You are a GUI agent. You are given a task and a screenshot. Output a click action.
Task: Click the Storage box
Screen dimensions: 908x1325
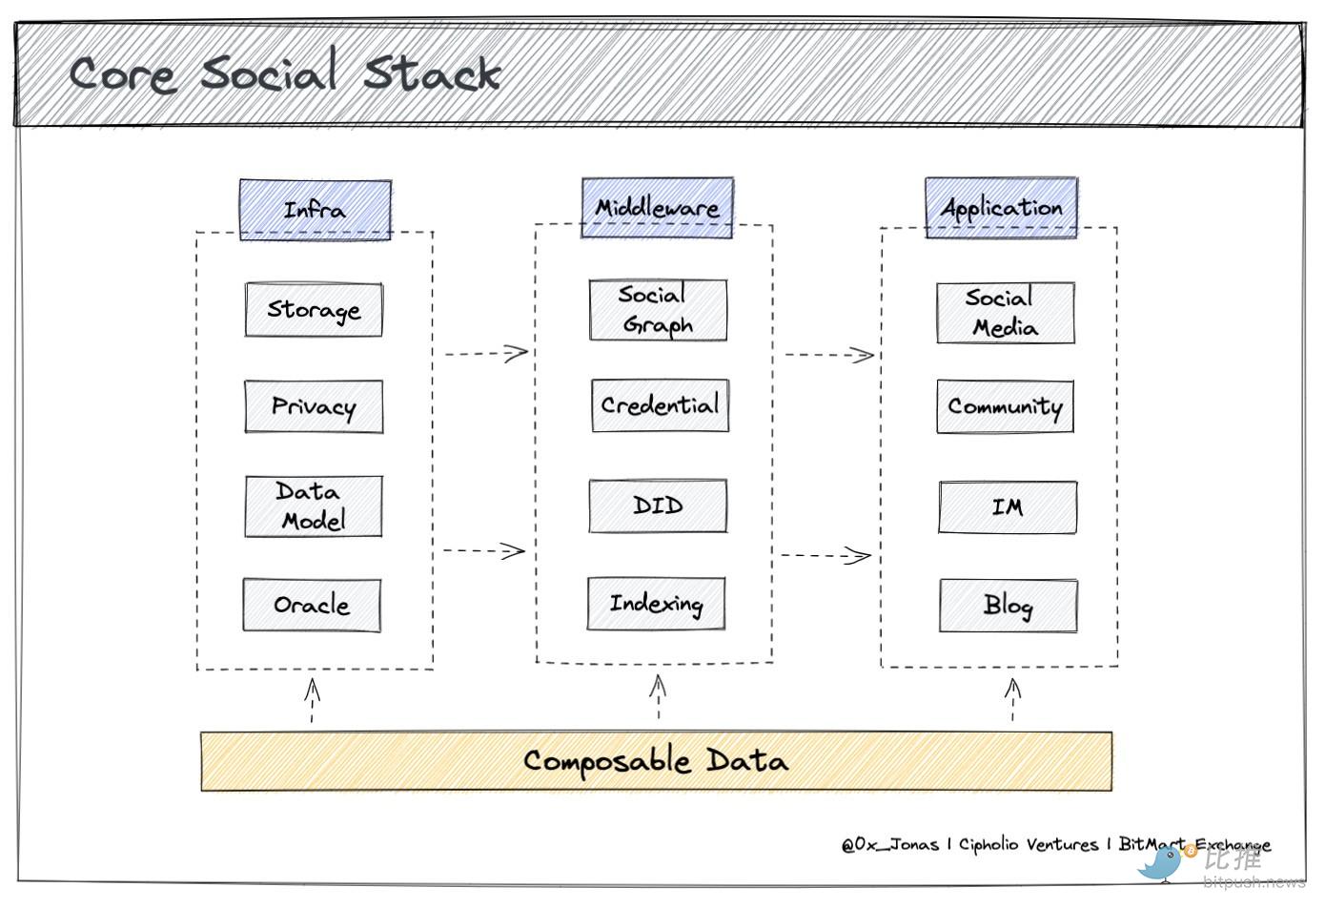coord(314,309)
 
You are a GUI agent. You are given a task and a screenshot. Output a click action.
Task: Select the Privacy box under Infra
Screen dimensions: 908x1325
coord(314,407)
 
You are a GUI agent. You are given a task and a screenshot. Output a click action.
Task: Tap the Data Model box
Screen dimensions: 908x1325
coord(314,506)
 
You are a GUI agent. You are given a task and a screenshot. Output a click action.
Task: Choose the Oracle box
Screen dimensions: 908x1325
coord(312,605)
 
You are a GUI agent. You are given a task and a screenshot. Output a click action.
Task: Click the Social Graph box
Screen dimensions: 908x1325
coord(658,310)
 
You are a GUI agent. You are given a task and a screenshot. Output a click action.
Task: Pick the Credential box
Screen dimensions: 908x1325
coord(660,405)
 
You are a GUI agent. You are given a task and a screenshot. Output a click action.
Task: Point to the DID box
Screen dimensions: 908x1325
coord(658,506)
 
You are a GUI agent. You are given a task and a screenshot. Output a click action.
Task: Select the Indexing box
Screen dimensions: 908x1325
coord(656,604)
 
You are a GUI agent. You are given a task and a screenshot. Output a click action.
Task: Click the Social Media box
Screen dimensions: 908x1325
coord(1006,313)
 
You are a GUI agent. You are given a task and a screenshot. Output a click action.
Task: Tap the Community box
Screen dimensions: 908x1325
coord(1005,407)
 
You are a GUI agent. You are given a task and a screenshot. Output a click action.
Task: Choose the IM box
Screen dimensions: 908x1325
coord(1008,507)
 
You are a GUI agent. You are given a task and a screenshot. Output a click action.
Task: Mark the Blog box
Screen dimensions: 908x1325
coord(1009,606)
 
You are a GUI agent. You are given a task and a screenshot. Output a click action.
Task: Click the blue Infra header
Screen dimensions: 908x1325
coord(315,210)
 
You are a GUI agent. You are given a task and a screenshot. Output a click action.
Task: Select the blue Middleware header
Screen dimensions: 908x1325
coord(657,207)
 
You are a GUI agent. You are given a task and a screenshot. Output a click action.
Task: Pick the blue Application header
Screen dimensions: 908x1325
coord(1001,207)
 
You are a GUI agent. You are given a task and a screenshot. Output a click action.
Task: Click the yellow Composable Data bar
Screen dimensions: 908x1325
coord(656,761)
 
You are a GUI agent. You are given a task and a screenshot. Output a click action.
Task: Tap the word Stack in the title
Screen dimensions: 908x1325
coord(432,73)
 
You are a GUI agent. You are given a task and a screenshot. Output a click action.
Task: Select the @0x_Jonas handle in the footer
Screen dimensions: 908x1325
coord(890,845)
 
